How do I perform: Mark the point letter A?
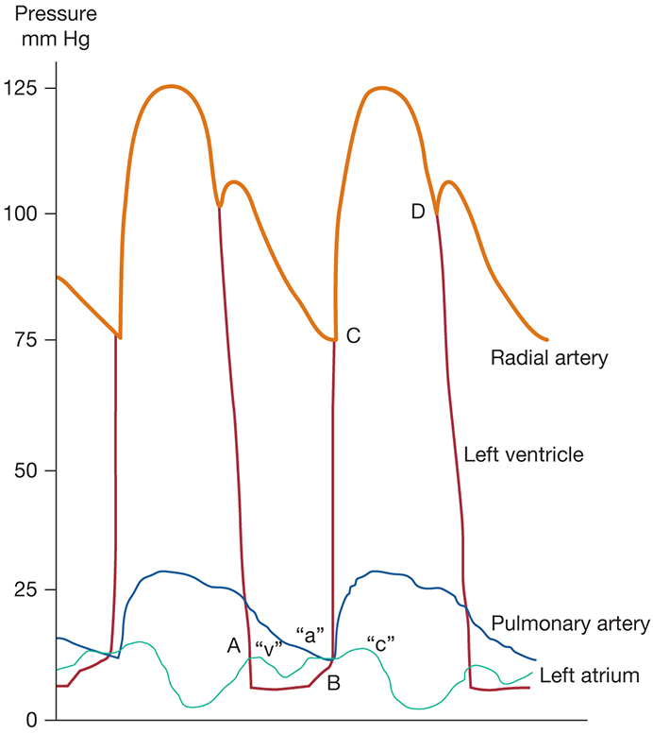point(233,645)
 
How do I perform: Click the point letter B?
point(333,683)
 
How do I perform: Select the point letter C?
point(354,334)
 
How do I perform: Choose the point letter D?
point(418,212)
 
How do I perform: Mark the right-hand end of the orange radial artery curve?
point(547,339)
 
